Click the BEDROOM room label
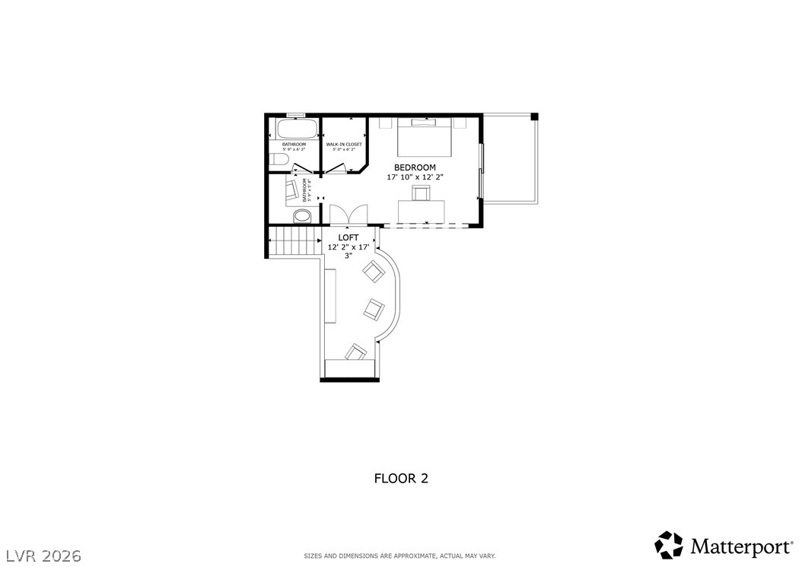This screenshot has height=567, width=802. click(415, 167)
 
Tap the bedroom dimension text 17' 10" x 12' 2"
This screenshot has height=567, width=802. click(415, 177)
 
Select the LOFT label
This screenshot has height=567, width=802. click(348, 237)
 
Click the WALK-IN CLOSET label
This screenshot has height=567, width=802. click(344, 144)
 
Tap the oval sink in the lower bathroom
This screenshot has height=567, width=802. click(303, 216)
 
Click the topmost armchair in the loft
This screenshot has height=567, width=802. click(374, 271)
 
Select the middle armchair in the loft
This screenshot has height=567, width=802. click(373, 308)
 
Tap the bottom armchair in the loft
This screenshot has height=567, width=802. click(355, 352)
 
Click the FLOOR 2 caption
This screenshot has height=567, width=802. click(401, 479)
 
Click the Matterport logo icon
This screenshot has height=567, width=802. click(669, 545)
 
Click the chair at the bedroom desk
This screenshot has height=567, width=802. click(421, 194)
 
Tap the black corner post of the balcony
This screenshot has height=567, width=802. click(534, 116)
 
